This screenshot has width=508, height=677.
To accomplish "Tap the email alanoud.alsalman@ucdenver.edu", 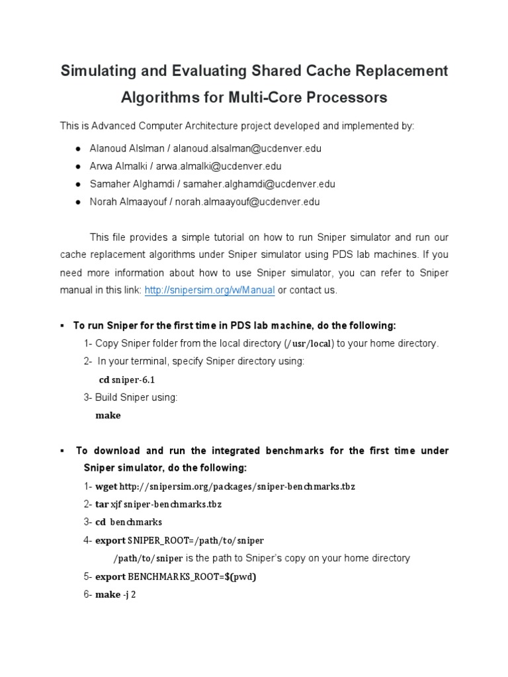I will point(247,149).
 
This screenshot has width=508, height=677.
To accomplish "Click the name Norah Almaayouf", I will point(130,202).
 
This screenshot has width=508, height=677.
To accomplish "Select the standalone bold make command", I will point(108,416).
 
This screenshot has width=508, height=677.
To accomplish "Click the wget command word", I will point(106,487).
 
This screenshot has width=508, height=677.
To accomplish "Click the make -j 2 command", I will point(116,594).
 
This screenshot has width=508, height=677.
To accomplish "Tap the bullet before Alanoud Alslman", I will point(78,149).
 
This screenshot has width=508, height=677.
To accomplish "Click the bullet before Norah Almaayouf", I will point(78,202).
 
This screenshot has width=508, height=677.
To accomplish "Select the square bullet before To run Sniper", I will point(61,326).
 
